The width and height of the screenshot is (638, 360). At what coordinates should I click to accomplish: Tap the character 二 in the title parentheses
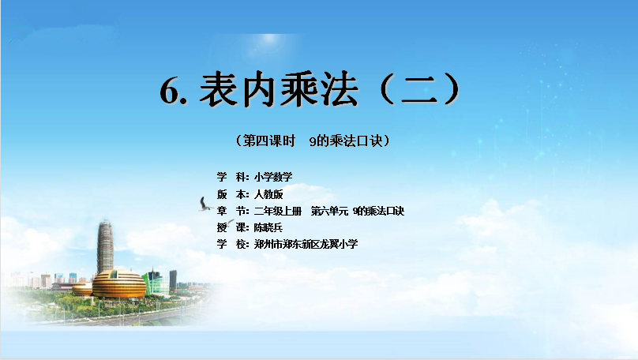pyautogui.click(x=419, y=89)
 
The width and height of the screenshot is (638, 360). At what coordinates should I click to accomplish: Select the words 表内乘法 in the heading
pyautogui.click(x=279, y=89)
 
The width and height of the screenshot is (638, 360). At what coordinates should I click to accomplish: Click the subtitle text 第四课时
pyautogui.click(x=269, y=141)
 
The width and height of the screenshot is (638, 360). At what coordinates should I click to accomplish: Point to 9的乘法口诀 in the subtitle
pyautogui.click(x=346, y=141)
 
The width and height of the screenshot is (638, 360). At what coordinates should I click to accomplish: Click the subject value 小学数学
pyautogui.click(x=273, y=177)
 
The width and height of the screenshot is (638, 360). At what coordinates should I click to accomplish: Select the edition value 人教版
pyautogui.click(x=268, y=194)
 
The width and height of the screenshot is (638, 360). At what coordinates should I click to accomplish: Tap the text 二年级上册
pyautogui.click(x=278, y=211)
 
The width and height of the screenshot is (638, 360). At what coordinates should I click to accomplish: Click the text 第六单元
pyautogui.click(x=329, y=211)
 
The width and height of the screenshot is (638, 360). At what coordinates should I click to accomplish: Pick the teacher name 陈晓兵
pyautogui.click(x=268, y=227)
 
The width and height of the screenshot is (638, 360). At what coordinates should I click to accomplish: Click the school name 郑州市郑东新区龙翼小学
pyautogui.click(x=306, y=244)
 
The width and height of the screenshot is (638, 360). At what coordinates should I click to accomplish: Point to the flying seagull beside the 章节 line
pyautogui.click(x=205, y=204)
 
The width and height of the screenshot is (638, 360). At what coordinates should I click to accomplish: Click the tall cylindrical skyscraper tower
pyautogui.click(x=105, y=247)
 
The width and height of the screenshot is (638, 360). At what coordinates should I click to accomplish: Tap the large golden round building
pyautogui.click(x=119, y=283)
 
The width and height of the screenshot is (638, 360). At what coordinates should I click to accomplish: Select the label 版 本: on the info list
pyautogui.click(x=233, y=194)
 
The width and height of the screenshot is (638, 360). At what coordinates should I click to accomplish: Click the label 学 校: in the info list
pyautogui.click(x=233, y=244)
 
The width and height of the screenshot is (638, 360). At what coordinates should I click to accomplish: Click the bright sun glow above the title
pyautogui.click(x=269, y=39)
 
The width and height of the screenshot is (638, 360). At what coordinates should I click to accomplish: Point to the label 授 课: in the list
pyautogui.click(x=233, y=227)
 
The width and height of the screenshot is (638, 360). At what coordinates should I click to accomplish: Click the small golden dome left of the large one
pyautogui.click(x=83, y=289)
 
